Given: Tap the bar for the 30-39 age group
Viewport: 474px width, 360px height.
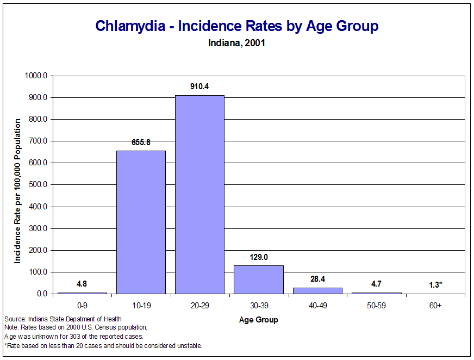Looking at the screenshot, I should (258, 280).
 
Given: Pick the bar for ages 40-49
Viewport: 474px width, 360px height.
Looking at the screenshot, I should (317, 290).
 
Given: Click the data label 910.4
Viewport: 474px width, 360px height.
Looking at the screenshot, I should (199, 86).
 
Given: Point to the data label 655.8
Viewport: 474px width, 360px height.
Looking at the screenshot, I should (141, 142).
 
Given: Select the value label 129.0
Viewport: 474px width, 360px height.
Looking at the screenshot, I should (258, 257).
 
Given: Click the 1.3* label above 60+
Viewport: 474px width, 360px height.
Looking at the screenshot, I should (435, 284).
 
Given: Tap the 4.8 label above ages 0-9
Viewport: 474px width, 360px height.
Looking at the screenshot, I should (82, 283).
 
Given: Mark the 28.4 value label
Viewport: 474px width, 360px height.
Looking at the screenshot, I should (317, 279).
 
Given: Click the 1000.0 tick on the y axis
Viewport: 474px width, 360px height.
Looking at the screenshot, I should (37, 76).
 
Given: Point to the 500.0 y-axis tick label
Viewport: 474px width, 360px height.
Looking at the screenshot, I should (39, 185).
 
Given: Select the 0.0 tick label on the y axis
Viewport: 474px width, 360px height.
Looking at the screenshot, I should (42, 294).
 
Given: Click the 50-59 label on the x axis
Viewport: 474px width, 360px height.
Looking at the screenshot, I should (376, 306).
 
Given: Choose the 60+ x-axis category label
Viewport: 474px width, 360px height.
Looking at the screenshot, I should (435, 306).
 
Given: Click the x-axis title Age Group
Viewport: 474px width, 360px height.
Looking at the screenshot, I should (258, 320).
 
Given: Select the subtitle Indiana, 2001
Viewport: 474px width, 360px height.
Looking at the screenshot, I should (236, 42).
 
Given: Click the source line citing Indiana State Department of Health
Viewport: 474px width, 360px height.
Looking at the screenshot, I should (63, 319).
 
